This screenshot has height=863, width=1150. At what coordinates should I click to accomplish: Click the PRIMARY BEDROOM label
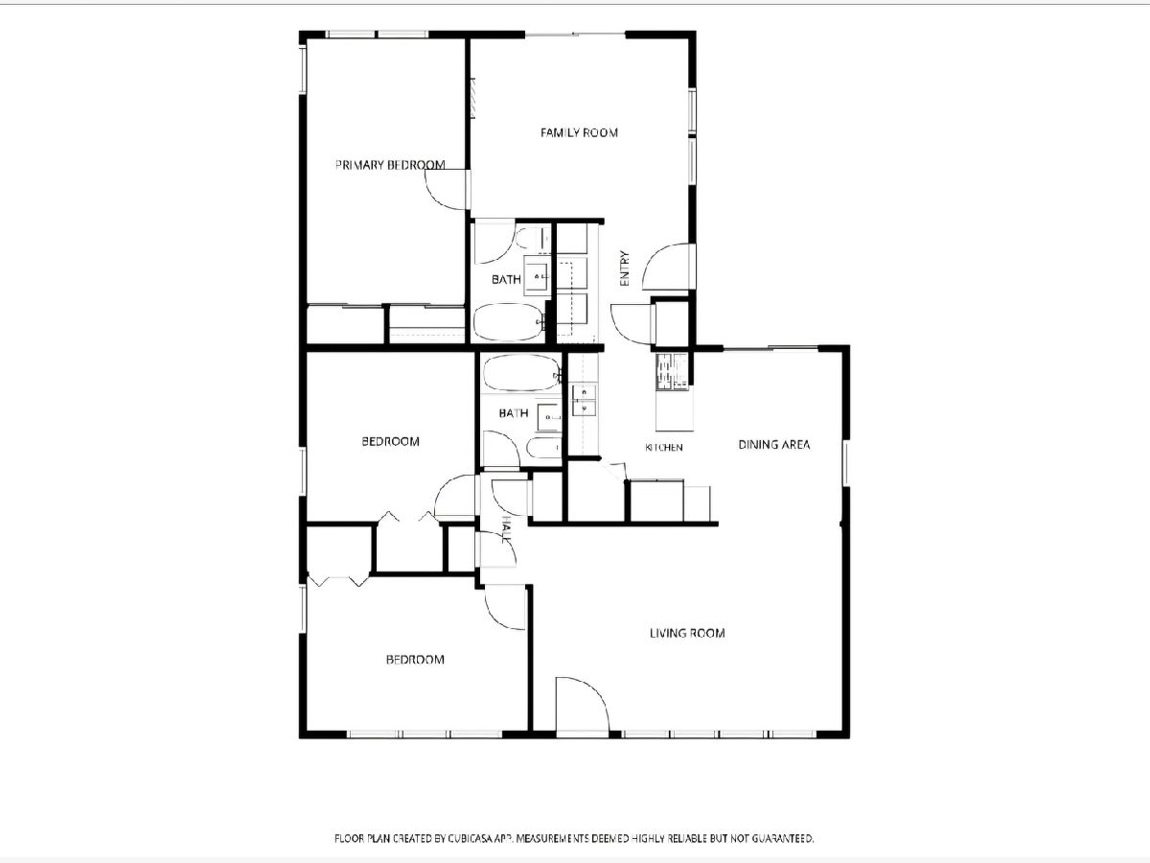click(x=390, y=165)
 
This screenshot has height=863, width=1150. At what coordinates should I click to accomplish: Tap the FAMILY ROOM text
click(x=579, y=132)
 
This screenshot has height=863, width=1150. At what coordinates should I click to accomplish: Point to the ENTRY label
click(x=624, y=268)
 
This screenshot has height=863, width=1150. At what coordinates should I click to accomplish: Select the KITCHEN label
click(x=664, y=448)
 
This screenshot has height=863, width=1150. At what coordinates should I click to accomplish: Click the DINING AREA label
click(x=773, y=445)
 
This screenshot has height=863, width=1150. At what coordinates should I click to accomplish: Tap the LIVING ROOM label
click(x=687, y=633)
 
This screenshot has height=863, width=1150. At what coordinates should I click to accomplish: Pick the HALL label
click(x=506, y=528)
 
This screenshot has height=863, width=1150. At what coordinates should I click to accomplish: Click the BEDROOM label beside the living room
click(x=415, y=659)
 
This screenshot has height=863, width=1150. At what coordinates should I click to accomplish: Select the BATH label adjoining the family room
click(x=506, y=280)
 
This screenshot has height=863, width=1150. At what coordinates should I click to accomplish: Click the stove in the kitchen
click(x=672, y=372)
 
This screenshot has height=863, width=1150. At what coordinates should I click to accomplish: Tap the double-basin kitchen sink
click(x=584, y=400)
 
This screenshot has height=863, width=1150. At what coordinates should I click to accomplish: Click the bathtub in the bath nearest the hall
click(x=521, y=373)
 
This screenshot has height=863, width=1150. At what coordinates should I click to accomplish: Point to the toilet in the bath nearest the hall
click(x=542, y=448)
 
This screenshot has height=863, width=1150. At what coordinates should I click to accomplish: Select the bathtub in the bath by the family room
click(x=508, y=322)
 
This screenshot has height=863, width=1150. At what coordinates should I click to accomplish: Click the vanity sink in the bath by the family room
click(x=538, y=276)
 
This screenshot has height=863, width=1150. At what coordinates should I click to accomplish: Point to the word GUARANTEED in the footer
click(x=783, y=839)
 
